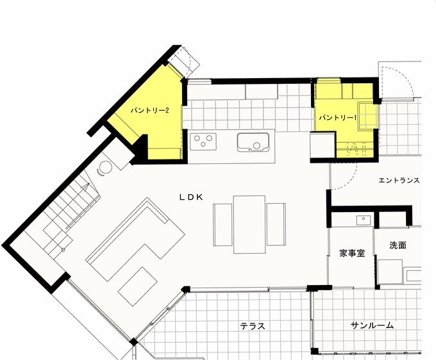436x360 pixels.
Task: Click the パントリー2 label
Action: pos(150,111)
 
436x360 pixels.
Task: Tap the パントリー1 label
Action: pos(337,118)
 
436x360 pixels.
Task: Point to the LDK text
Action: pos(191,197)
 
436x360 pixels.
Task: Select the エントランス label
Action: pos(399,181)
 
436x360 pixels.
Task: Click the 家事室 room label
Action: pos(352,253)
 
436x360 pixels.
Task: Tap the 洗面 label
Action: pos(398,245)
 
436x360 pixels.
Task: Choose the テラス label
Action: pos(253,326)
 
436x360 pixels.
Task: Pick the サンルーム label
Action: pos(372,325)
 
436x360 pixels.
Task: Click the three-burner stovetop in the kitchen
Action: pos(203,142)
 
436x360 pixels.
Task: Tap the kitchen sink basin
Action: pos(253,142)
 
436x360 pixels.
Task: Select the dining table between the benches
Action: pos(249,224)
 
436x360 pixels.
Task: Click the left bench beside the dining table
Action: pos(222,225)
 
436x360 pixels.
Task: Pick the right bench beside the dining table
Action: pos(276,224)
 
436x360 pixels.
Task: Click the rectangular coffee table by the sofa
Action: pos(138,286)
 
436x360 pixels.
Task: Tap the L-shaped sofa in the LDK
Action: pos(135,239)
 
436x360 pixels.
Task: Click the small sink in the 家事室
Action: pos(364,220)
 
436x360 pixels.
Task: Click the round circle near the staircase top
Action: pos(106,167)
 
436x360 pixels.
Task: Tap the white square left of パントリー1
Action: pos(323,146)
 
